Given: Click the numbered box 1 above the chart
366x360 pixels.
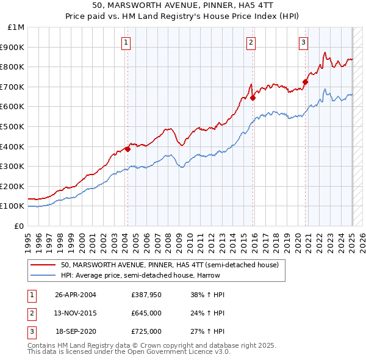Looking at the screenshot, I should (x=125, y=42).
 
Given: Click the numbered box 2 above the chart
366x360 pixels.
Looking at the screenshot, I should (x=251, y=42).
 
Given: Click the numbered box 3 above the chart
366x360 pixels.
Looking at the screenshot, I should (x=303, y=42).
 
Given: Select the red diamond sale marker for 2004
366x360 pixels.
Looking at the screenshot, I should (x=127, y=148).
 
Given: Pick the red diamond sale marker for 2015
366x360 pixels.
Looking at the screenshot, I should (x=253, y=97).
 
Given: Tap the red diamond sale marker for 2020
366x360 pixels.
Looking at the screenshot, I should (x=305, y=81).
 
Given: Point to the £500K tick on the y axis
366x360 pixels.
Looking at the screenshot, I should (x=14, y=126).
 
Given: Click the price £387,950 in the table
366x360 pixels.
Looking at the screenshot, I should (x=146, y=295).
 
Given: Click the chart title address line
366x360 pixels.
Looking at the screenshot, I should (x=182, y=6).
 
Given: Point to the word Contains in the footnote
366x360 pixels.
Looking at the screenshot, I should (x=42, y=345).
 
